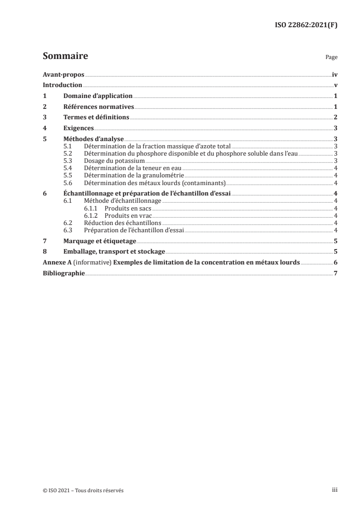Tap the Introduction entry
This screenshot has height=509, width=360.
[62, 85]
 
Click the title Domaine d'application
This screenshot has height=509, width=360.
[98, 96]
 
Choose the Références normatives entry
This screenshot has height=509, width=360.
[99, 107]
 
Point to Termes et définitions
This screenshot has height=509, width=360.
[96, 117]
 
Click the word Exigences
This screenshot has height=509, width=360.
[79, 128]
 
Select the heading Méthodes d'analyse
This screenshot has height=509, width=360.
[93, 139]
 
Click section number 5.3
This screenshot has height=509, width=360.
[68, 161]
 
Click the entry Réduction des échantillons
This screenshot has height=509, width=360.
[123, 223]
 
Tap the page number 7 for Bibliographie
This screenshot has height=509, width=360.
[335, 274]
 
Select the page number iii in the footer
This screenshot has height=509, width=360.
[335, 490]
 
